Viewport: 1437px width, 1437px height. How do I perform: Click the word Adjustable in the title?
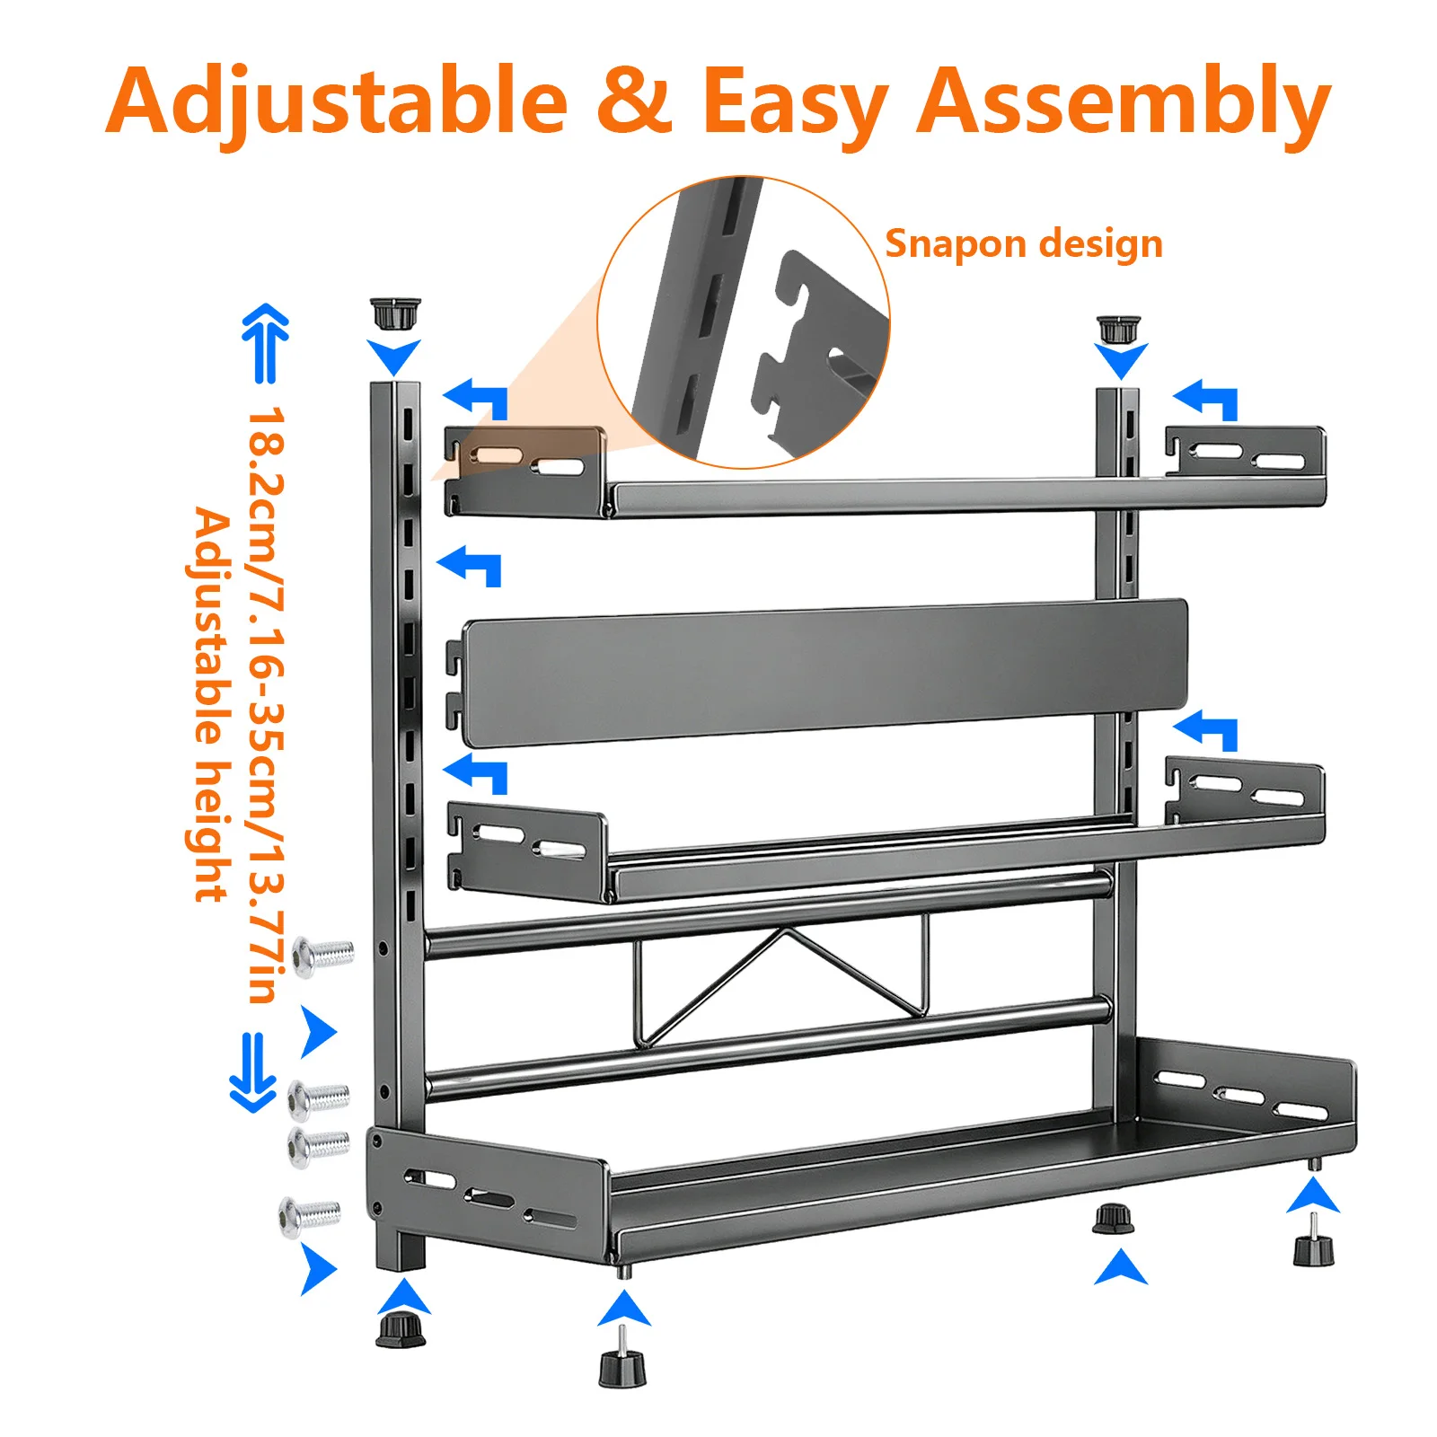(x=336, y=101)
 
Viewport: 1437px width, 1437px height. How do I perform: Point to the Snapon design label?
(x=1024, y=243)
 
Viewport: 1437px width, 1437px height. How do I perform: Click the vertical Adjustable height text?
(x=211, y=705)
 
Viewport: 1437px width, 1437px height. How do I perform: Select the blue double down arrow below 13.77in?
(x=252, y=1072)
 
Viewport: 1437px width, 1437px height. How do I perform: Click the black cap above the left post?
(x=395, y=314)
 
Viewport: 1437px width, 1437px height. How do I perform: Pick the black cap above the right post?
(x=1118, y=329)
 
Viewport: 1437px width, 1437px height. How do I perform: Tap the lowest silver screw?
(x=311, y=1217)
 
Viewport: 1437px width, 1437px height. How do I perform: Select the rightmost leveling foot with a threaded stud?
(x=1313, y=1240)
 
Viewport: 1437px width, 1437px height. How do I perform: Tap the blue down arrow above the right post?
(x=1122, y=361)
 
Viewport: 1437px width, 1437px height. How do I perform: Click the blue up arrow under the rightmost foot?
(x=1313, y=1195)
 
